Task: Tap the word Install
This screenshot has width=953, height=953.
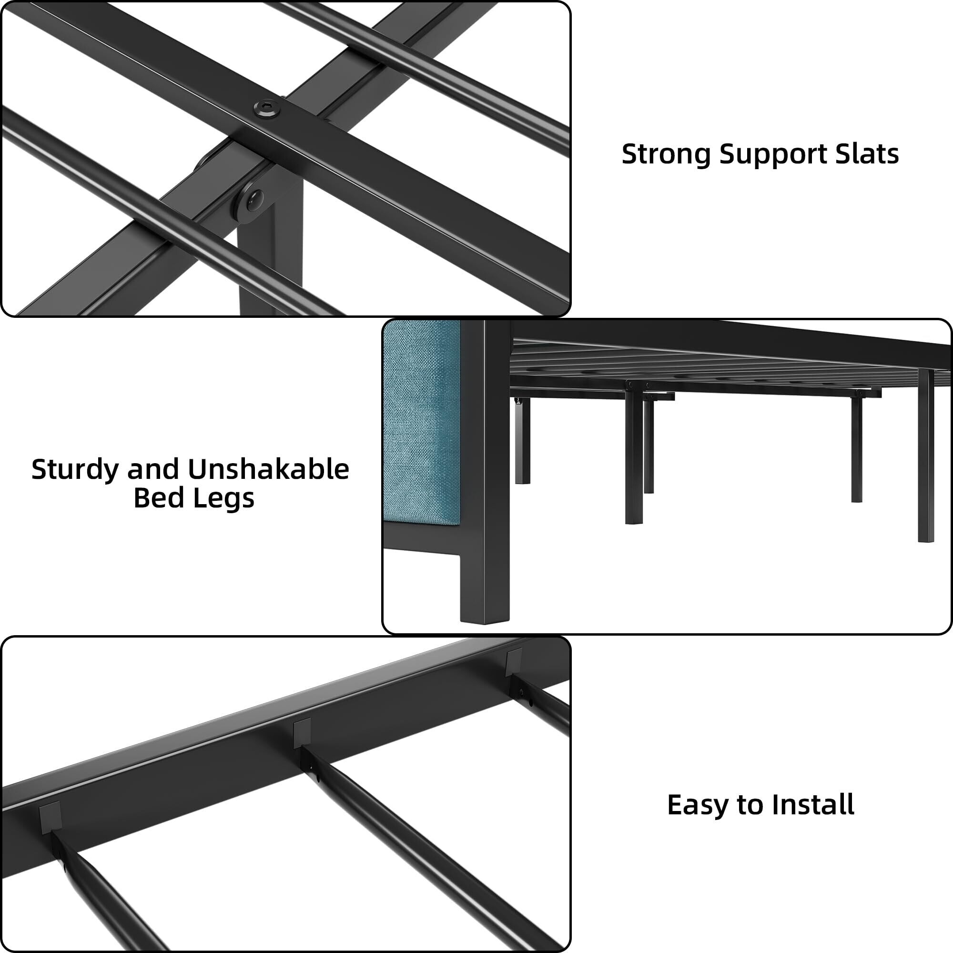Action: click(813, 805)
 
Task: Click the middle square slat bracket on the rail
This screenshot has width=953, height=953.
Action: click(302, 733)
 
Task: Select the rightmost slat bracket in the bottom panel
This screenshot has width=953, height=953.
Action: click(513, 662)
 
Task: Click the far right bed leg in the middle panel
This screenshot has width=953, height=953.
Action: click(926, 456)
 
